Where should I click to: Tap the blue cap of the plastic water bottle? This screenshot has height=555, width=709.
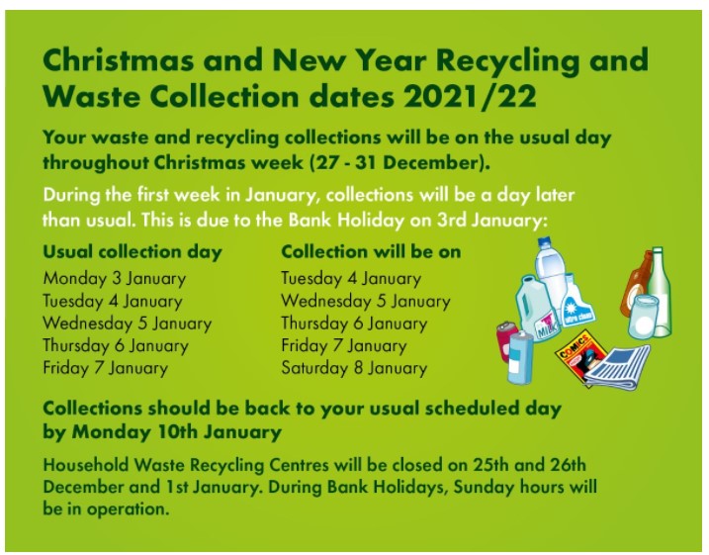tap(547, 240)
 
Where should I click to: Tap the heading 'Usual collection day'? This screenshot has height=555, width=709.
tap(133, 251)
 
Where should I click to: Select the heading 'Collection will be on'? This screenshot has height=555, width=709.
tap(371, 251)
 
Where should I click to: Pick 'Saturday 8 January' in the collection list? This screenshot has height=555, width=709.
tap(354, 368)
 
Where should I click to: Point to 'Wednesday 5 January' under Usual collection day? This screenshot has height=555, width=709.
tap(127, 324)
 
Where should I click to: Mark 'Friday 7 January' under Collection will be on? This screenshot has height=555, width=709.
tap(343, 345)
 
